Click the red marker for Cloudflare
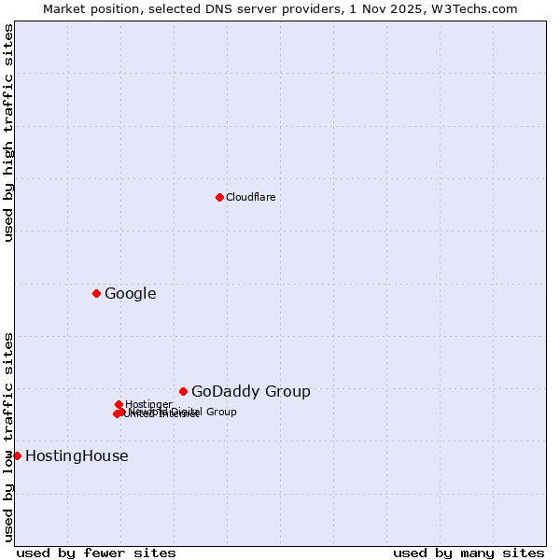pyautogui.click(x=219, y=197)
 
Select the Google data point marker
pyautogui.click(x=96, y=294)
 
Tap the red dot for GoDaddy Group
pyautogui.click(x=183, y=392)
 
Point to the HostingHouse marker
pyautogui.click(x=17, y=455)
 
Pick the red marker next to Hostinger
pyautogui.click(x=119, y=404)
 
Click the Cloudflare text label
pyautogui.click(x=251, y=197)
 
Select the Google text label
pyautogui.click(x=131, y=294)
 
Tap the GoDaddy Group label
pyautogui.click(x=251, y=392)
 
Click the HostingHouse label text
pyautogui.click(x=77, y=456)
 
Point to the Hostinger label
pyautogui.click(x=148, y=404)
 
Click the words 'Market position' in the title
pyautogui.click(x=83, y=8)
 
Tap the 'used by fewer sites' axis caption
pyautogui.click(x=96, y=553)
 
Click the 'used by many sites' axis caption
pyautogui.click(x=469, y=553)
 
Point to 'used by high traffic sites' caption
pyautogui.click(x=8, y=133)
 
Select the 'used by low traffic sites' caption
pyautogui.click(x=8, y=436)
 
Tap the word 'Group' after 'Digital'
pyautogui.click(x=221, y=412)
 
